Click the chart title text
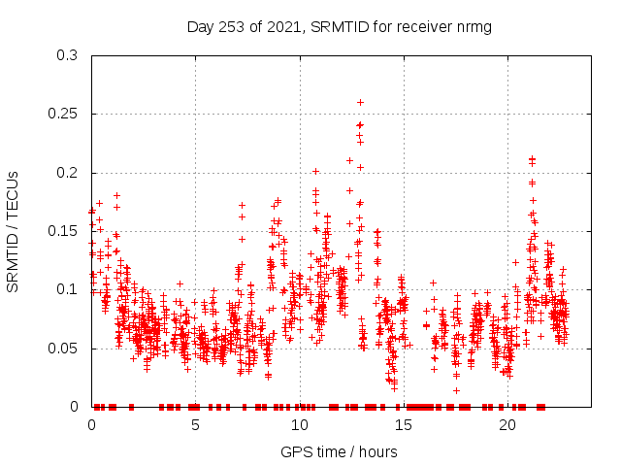pyautogui.click(x=339, y=26)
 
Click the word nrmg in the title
pyautogui.click(x=473, y=26)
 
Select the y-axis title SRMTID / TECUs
pyautogui.click(x=14, y=231)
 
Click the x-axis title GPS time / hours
pyautogui.click(x=339, y=451)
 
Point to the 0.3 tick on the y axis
pyautogui.click(x=71, y=56)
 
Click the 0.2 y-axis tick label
pyautogui.click(x=71, y=173)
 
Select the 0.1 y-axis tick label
pyautogui.click(x=71, y=290)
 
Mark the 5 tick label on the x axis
pyautogui.click(x=196, y=425)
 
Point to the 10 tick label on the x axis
pyautogui.click(x=300, y=425)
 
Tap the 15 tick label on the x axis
pyautogui.click(x=404, y=425)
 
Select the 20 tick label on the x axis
pyautogui.click(x=507, y=425)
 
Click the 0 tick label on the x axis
pyautogui.click(x=92, y=425)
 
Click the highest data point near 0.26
pyautogui.click(x=360, y=102)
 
